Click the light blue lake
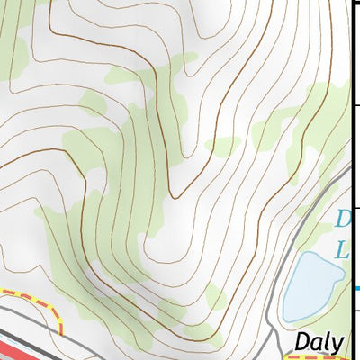[x=310, y=286]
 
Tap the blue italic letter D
[x=341, y=220]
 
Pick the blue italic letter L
[x=342, y=252]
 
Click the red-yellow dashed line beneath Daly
[x=315, y=357]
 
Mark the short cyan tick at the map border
[x=358, y=288]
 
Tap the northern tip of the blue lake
[x=310, y=254]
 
